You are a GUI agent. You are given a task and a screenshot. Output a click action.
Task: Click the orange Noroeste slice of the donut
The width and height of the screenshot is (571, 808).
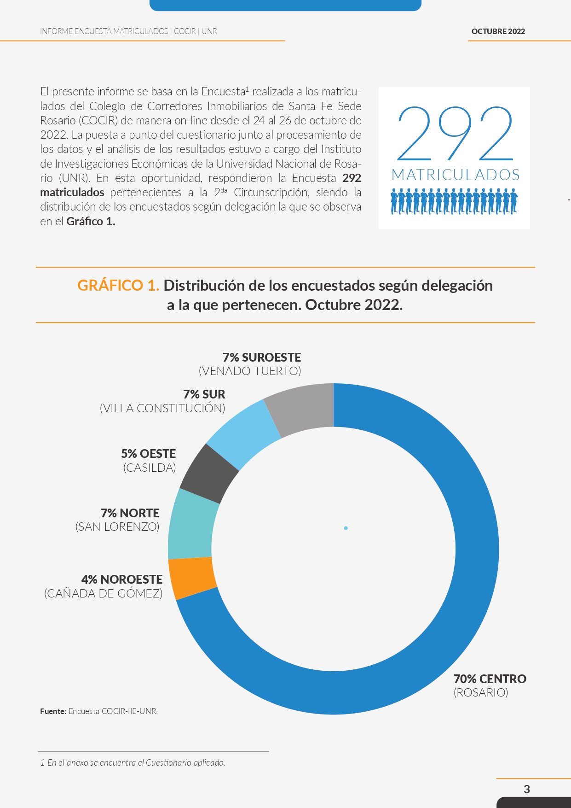[x=192, y=578]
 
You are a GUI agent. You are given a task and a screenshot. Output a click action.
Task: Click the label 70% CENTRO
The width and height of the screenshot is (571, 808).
[x=490, y=679]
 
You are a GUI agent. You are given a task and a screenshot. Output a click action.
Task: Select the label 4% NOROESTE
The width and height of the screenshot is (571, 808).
[x=122, y=579]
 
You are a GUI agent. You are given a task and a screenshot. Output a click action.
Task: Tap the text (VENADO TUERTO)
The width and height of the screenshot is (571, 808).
[x=250, y=371]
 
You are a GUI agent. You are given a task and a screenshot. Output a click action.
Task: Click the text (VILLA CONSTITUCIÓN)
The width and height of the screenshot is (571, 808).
[x=162, y=408]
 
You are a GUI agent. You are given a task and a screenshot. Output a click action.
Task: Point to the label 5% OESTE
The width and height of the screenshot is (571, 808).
[x=149, y=454]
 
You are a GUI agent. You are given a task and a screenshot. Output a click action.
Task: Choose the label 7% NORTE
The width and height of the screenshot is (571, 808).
[x=130, y=513]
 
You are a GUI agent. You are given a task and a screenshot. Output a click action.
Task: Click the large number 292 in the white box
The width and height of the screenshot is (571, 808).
[x=455, y=133]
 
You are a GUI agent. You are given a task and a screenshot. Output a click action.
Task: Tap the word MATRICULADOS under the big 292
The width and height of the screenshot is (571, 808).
[x=456, y=175]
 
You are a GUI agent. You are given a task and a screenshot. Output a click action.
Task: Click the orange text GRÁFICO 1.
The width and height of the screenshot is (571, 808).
[x=118, y=286]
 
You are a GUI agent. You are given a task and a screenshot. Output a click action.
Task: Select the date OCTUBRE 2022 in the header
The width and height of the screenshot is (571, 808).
[x=498, y=31]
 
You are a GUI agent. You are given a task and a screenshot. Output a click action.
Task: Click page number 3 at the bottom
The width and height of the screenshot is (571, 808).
[x=527, y=789]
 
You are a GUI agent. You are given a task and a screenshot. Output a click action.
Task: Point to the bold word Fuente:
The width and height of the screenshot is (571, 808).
[x=53, y=711]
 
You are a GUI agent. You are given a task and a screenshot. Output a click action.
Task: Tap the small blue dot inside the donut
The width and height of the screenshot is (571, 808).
[x=346, y=528]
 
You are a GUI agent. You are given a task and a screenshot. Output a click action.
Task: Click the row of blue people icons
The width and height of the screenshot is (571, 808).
[x=454, y=201]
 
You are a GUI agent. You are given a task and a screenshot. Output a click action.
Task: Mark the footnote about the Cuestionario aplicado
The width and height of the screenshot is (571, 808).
[x=133, y=762]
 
